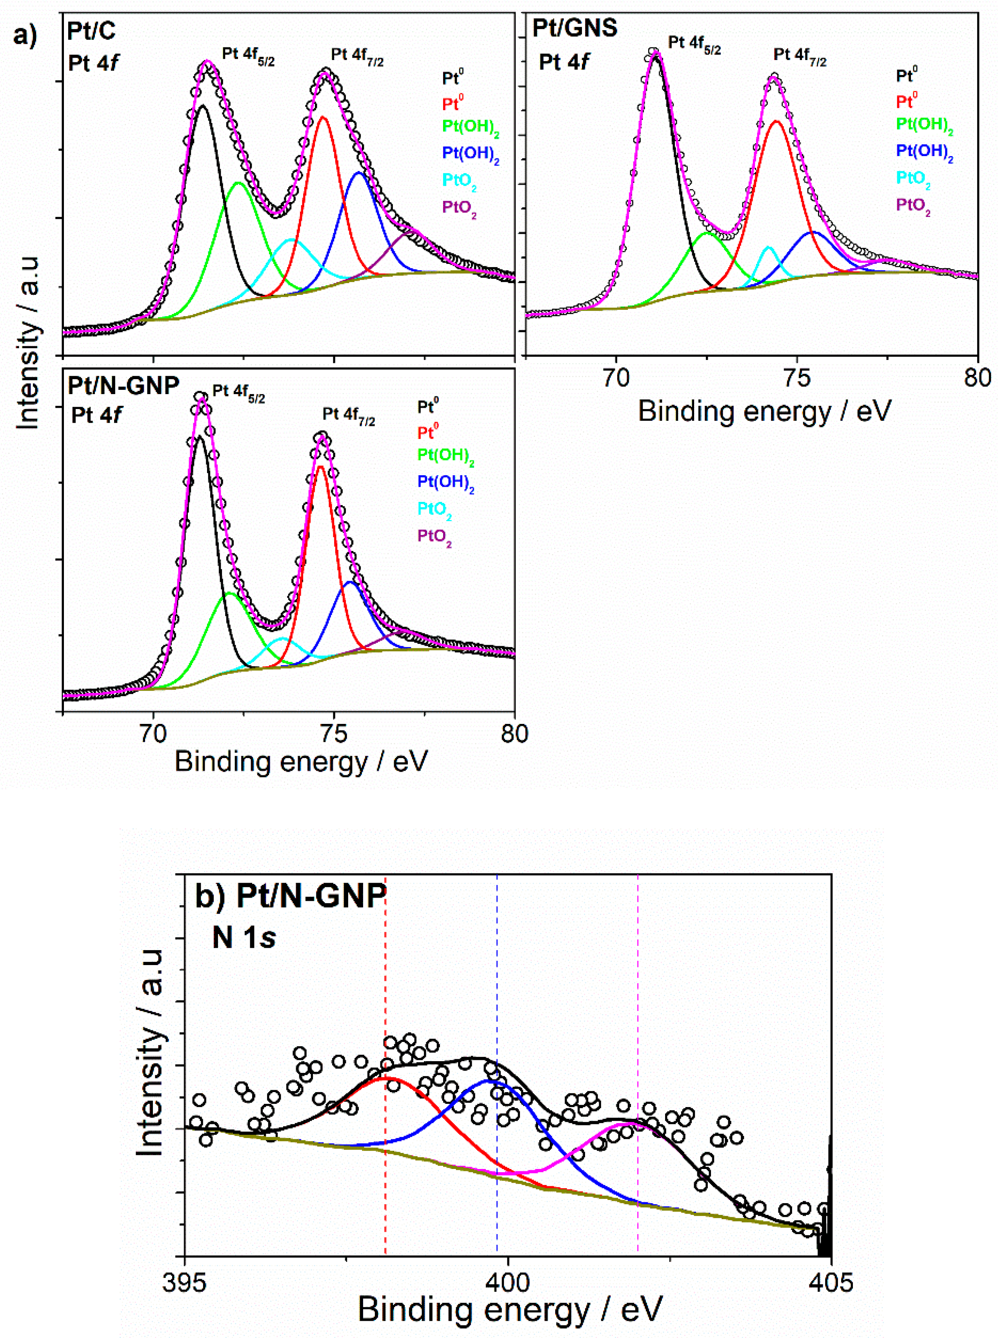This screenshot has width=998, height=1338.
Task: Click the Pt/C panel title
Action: point(91,31)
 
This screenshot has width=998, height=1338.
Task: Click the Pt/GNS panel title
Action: point(574,28)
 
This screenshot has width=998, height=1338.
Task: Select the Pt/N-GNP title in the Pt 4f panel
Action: point(123,385)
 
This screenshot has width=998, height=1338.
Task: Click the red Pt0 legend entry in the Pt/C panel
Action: point(453,103)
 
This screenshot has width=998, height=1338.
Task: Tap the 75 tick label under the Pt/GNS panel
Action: point(796,378)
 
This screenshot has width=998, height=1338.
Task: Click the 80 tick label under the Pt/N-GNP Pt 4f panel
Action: point(514,734)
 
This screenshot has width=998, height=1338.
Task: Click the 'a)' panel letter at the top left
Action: point(24,36)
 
